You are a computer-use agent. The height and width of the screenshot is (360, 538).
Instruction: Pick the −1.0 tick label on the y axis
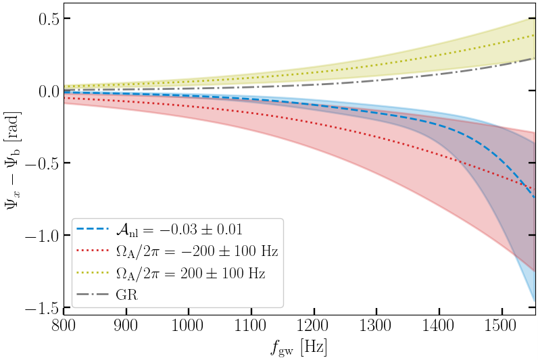click(x=38, y=236)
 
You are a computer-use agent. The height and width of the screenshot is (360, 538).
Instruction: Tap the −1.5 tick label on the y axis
click(x=38, y=308)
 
